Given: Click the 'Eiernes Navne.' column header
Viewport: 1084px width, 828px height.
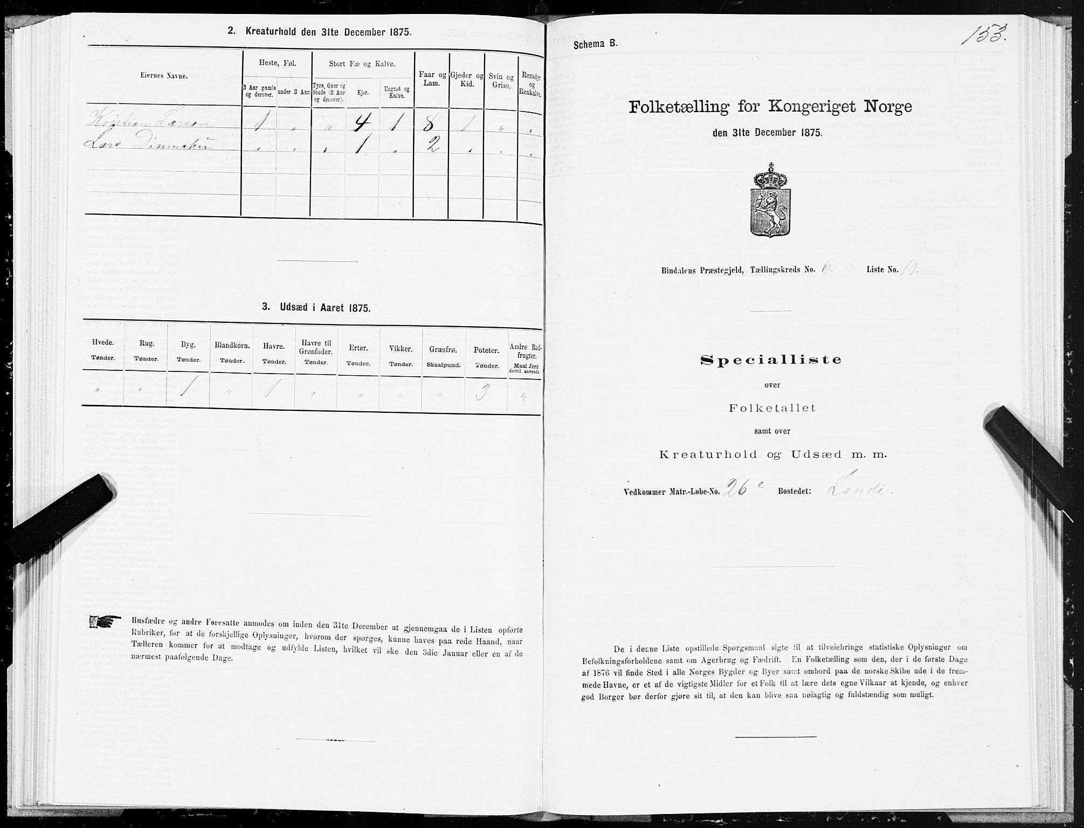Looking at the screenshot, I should (x=163, y=77).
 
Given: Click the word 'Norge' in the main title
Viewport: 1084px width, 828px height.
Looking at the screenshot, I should (x=888, y=107).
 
